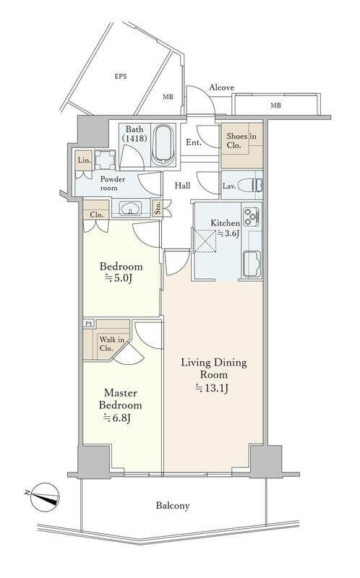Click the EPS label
pyautogui.click(x=121, y=77)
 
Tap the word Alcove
pyautogui.click(x=222, y=87)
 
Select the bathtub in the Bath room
pyautogui.click(x=163, y=146)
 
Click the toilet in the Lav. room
pyautogui.click(x=249, y=186)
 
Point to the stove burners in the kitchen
pyautogui.click(x=251, y=216)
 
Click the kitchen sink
pyautogui.click(x=252, y=264)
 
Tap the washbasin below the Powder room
pyautogui.click(x=130, y=207)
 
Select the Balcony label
pyautogui.click(x=173, y=505)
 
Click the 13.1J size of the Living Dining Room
pyautogui.click(x=212, y=388)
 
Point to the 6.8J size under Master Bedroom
pyautogui.click(x=117, y=418)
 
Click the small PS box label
pyautogui.click(x=88, y=324)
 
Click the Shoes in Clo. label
pyautogui.click(x=241, y=141)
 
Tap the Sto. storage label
pyautogui.click(x=158, y=208)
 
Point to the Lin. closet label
pyautogui.click(x=84, y=160)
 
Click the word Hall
pyautogui.click(x=183, y=186)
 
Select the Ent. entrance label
pyautogui.click(x=193, y=142)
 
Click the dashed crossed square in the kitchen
pyautogui.click(x=205, y=241)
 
